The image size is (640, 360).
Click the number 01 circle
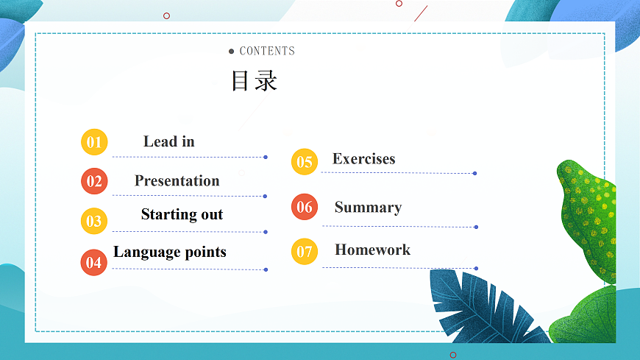point(94,142)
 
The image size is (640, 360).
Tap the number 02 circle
point(94,181)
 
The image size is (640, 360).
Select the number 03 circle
point(94,221)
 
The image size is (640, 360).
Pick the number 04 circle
point(94,262)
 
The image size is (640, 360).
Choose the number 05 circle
point(305,162)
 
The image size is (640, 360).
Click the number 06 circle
point(305,208)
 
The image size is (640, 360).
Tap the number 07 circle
point(305,252)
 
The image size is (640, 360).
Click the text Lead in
point(169,141)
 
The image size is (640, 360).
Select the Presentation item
point(177,180)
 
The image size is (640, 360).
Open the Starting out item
point(182,214)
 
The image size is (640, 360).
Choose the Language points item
point(170,252)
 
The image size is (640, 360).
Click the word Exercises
point(363,158)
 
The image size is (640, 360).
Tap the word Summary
point(368,207)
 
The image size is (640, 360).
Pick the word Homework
point(372,250)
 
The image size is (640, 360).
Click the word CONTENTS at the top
point(267,51)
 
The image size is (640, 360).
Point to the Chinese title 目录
point(255,80)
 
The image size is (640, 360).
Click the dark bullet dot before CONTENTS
point(232,51)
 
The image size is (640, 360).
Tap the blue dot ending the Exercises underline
point(475,174)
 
